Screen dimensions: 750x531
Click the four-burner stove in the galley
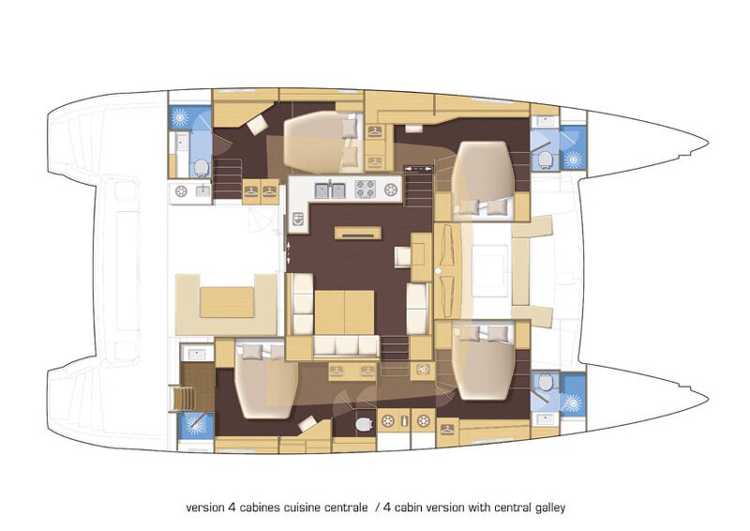coord(367,190)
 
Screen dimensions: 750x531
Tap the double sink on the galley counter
coord(331,190)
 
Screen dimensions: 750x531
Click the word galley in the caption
coord(550,507)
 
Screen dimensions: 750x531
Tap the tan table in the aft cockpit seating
coord(226,302)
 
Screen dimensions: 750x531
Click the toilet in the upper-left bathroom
coord(202,168)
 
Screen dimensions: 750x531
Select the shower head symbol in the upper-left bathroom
coord(180,117)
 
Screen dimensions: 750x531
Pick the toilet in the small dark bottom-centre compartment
coord(364,425)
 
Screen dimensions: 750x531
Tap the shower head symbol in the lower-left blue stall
coord(194,424)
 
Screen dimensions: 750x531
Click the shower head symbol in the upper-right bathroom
coord(573,159)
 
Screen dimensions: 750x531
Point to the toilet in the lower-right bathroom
coord(545,382)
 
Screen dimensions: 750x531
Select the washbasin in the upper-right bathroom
coord(545,121)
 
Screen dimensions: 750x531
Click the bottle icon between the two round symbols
coord(406,422)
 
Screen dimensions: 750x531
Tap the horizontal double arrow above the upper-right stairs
coord(418,169)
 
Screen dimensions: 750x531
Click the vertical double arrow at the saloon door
coord(289,251)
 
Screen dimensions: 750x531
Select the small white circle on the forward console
coord(438,271)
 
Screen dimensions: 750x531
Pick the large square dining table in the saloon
coord(344,312)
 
